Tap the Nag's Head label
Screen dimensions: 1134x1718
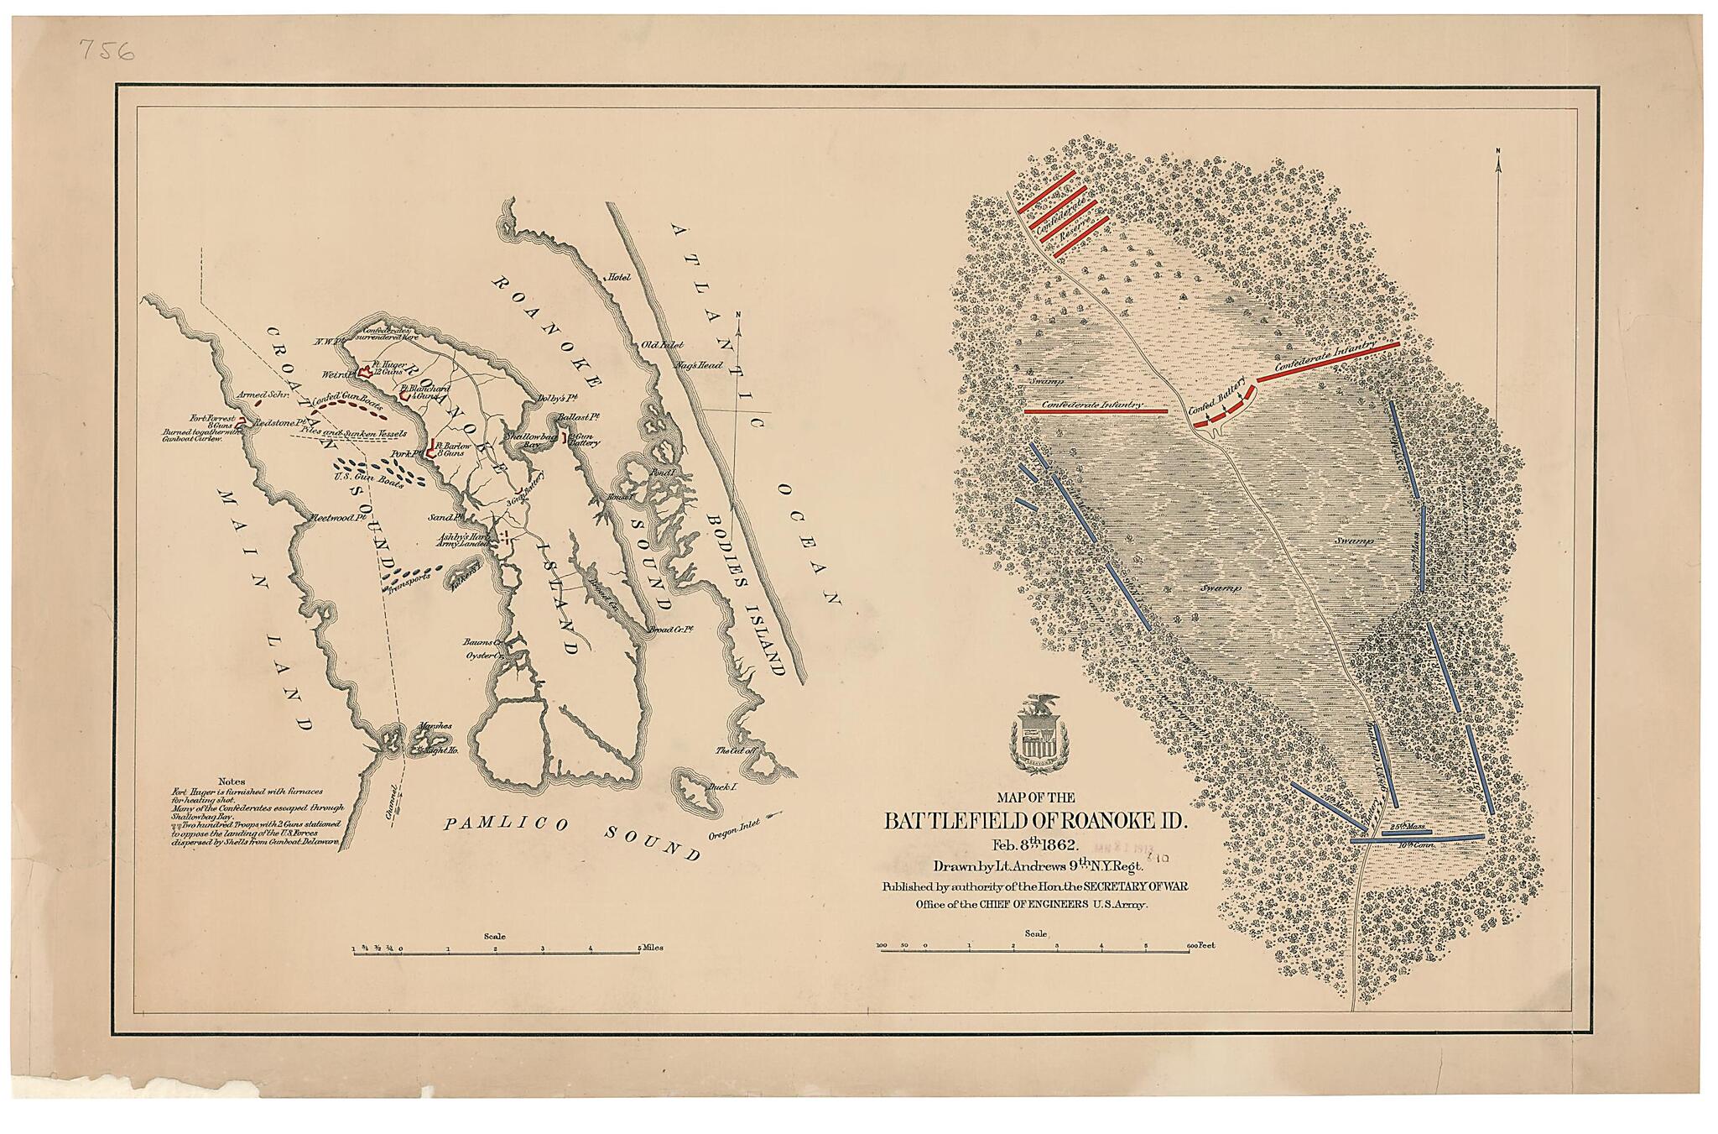700,366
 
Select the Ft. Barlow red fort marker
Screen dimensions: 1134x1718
431,448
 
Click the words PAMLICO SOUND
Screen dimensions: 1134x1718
570,836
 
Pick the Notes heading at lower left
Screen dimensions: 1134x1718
232,781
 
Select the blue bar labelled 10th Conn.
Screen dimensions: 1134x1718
1418,838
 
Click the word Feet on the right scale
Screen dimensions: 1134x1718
1205,944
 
